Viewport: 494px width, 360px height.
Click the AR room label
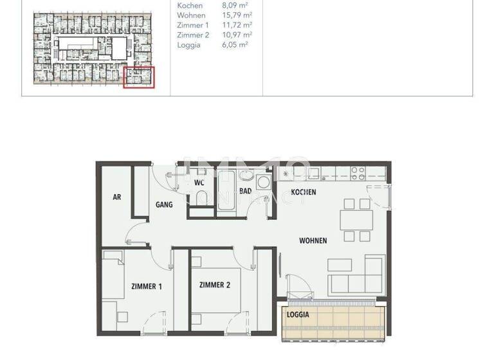point(117,197)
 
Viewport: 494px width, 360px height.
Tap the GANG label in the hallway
point(164,204)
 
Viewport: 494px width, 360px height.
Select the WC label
point(199,183)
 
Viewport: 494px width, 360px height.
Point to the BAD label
point(245,191)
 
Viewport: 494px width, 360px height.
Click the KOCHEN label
point(304,192)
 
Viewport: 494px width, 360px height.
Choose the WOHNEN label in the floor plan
point(313,240)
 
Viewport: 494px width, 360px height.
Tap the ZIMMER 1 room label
point(147,286)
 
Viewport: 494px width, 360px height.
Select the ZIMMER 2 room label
point(215,285)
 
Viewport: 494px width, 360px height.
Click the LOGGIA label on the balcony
point(298,315)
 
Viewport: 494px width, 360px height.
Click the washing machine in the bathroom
point(264,183)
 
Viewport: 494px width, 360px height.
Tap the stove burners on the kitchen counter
point(358,173)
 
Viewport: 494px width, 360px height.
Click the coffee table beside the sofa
point(340,265)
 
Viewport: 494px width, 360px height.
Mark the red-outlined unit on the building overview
point(138,77)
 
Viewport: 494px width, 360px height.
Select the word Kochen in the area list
point(190,5)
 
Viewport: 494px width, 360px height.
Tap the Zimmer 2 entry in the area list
point(193,35)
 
